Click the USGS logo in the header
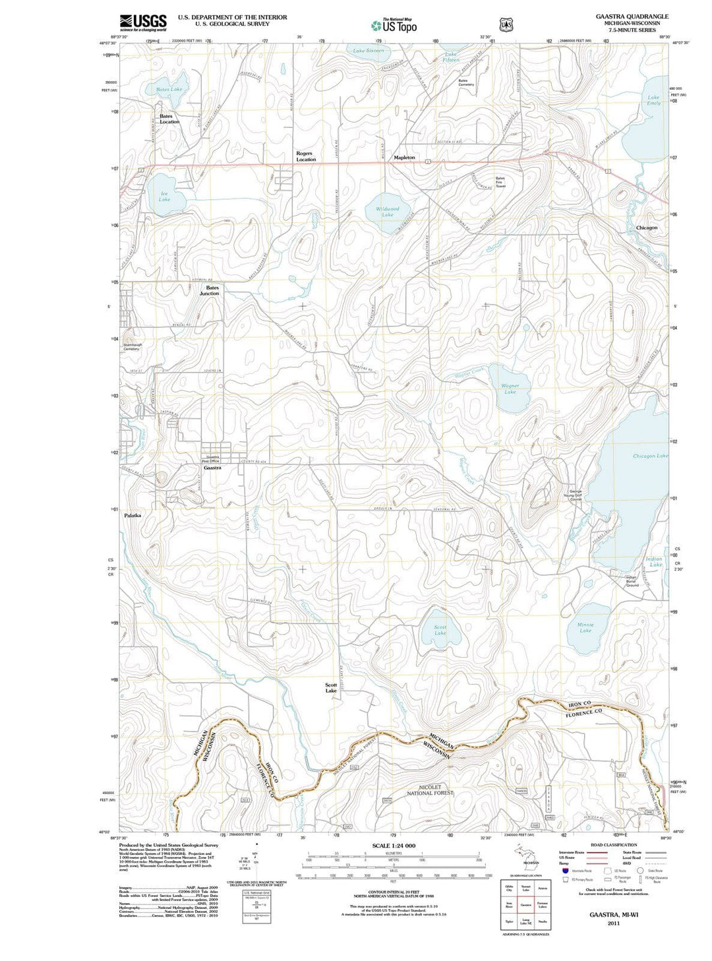[x=143, y=22]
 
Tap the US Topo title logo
[x=394, y=26]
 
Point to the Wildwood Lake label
[x=388, y=212]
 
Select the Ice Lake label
[x=164, y=197]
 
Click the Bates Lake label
[x=169, y=89]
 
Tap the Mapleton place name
[x=404, y=158]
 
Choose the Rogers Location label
[x=305, y=156]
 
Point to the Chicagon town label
[x=646, y=228]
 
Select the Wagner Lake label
[x=510, y=388]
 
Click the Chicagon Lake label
[x=650, y=456]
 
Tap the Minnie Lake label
[x=585, y=627]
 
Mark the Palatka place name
[x=133, y=515]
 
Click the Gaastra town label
[x=212, y=468]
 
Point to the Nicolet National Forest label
[x=429, y=790]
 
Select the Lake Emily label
[x=653, y=100]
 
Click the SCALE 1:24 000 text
[x=394, y=846]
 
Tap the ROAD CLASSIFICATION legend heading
[x=614, y=845]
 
